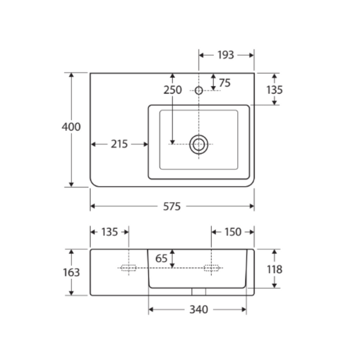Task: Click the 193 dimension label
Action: pyautogui.click(x=226, y=55)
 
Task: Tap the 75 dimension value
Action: pyautogui.click(x=225, y=83)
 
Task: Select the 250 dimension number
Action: pyautogui.click(x=173, y=90)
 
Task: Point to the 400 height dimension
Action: pyautogui.click(x=71, y=127)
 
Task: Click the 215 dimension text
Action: pyautogui.click(x=119, y=144)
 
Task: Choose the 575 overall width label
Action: pyautogui.click(x=172, y=206)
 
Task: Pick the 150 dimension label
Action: pyautogui.click(x=233, y=232)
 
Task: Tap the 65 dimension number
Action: pyautogui.click(x=161, y=259)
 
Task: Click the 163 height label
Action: pyautogui.click(x=71, y=272)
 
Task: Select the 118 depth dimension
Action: pyautogui.click(x=275, y=269)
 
